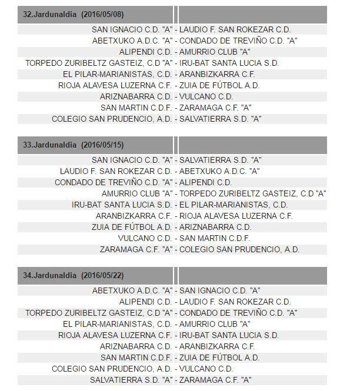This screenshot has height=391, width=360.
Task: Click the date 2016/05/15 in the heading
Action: pos(103,145)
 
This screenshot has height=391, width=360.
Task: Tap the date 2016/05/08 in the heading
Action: pos(103,14)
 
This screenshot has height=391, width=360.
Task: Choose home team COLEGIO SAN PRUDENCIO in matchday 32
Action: pos(112,119)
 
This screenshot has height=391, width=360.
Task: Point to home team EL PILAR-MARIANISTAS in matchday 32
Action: pos(117,74)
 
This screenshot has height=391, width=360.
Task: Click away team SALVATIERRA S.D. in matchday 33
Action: pos(220,160)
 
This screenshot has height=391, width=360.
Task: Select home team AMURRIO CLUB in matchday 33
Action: pos(137,193)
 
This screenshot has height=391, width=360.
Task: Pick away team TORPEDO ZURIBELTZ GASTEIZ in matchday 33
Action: pos(252,193)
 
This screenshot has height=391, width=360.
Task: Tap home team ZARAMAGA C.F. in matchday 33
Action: pos(136,249)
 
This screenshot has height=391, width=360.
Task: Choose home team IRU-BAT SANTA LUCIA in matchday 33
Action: pos(122,205)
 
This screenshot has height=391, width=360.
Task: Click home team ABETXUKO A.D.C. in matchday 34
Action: pos(132,290)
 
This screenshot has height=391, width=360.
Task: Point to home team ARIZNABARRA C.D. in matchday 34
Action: pos(136,346)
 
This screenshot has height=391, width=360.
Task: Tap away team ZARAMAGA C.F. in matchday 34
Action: pos(215,380)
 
